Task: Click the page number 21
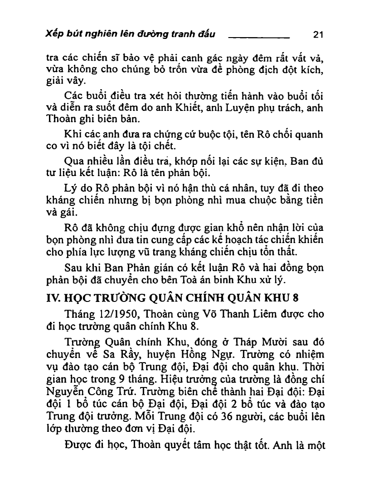click(x=317, y=34)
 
